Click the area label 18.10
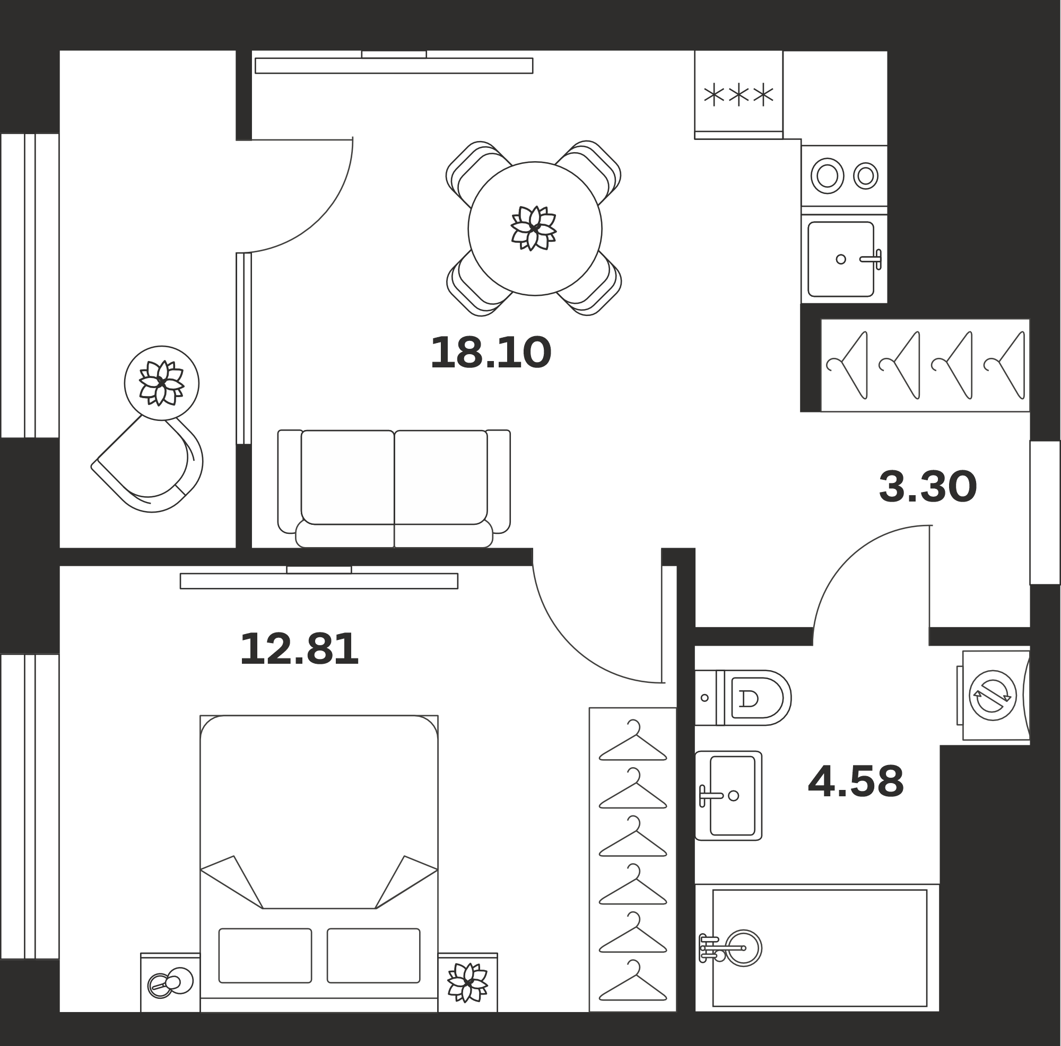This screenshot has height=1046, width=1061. click(x=490, y=353)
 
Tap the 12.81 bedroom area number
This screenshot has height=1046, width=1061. click(x=299, y=649)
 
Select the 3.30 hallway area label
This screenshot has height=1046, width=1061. click(x=927, y=487)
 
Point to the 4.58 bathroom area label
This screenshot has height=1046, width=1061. click(x=856, y=781)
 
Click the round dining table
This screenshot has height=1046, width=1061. click(x=535, y=228)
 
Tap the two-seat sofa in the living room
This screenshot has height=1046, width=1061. click(x=394, y=488)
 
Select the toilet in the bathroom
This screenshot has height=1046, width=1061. click(x=743, y=698)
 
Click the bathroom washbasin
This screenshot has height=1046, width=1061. click(x=728, y=796)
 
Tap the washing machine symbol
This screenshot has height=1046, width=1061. click(x=993, y=696)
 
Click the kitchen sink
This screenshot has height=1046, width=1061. click(x=841, y=259)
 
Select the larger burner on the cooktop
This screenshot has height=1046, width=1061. click(x=827, y=175)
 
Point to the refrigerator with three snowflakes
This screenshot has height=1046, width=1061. click(x=738, y=94)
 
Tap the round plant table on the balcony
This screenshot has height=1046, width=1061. click(x=161, y=383)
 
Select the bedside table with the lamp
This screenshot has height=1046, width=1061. click(x=170, y=984)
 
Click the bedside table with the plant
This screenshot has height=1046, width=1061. click(x=468, y=984)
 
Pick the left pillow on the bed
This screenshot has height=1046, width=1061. click(x=265, y=955)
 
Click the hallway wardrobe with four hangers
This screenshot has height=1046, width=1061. click(x=925, y=365)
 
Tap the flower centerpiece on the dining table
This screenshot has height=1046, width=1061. click(x=534, y=228)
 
